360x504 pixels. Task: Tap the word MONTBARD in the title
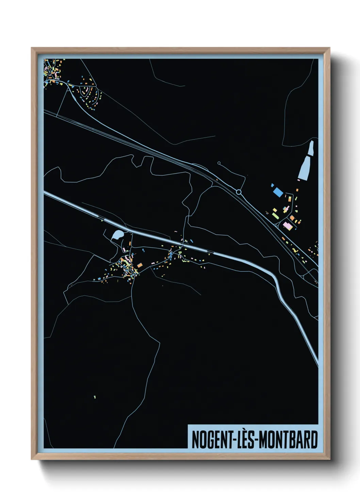[x=287, y=440]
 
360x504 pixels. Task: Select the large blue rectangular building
[x=278, y=192]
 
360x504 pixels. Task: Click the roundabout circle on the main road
[x=239, y=192]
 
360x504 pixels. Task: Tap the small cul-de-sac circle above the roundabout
[x=219, y=163]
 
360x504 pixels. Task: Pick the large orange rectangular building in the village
[x=140, y=265]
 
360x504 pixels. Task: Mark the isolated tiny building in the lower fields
[x=95, y=397]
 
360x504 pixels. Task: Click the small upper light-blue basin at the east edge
[x=311, y=148]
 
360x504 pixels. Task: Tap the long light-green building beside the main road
[x=276, y=216]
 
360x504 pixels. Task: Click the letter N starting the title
[x=195, y=440]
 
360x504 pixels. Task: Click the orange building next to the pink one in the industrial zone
[x=292, y=218]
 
